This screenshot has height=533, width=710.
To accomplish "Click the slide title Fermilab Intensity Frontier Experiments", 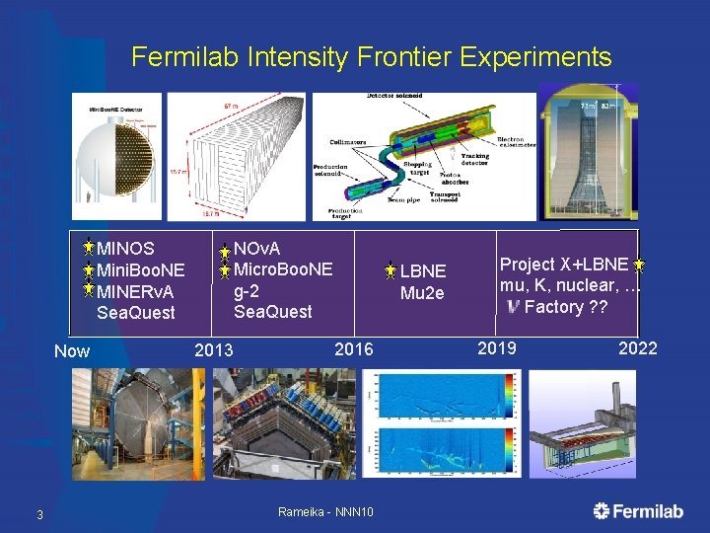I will (371, 56).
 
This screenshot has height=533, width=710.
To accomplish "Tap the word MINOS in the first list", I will (126, 248).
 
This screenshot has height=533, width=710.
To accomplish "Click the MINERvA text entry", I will (136, 291).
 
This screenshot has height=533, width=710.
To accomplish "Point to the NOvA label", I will (257, 248).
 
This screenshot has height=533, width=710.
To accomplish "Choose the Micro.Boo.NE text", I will (283, 268).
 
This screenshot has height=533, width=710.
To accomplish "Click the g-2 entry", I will (246, 290).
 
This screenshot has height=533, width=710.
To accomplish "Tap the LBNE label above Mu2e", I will (422, 271).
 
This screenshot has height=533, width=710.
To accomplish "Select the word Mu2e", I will (422, 293).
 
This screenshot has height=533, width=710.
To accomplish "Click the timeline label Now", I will (72, 351).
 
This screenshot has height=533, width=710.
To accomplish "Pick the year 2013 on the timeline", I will (214, 350).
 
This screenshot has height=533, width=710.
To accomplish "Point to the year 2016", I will (354, 348).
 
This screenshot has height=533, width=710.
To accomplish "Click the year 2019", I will (497, 347).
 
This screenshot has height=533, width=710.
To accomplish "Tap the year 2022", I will (637, 347).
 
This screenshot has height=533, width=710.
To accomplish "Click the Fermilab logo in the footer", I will (638, 510).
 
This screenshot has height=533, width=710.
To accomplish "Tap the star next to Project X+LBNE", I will (639, 265).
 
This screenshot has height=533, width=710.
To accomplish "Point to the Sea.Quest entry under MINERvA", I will (136, 313).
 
